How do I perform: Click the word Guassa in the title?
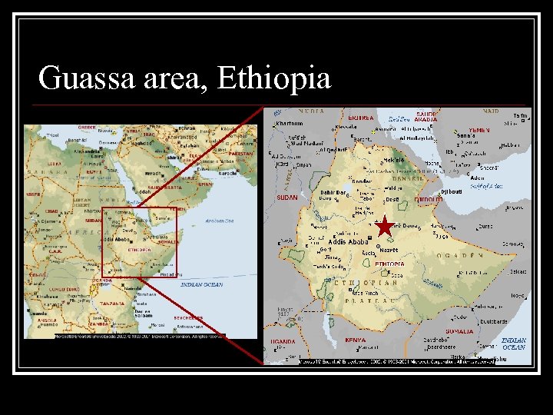(85, 78)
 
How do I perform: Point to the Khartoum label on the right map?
(290, 124)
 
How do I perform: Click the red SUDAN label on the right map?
(286, 197)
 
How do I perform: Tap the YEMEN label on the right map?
(478, 131)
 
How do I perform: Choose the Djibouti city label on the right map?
(452, 192)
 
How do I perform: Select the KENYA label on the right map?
(355, 339)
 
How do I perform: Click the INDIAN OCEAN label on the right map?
(514, 344)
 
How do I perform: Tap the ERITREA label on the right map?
(361, 118)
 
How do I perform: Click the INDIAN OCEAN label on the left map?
(201, 285)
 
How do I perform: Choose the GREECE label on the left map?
(87, 128)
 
